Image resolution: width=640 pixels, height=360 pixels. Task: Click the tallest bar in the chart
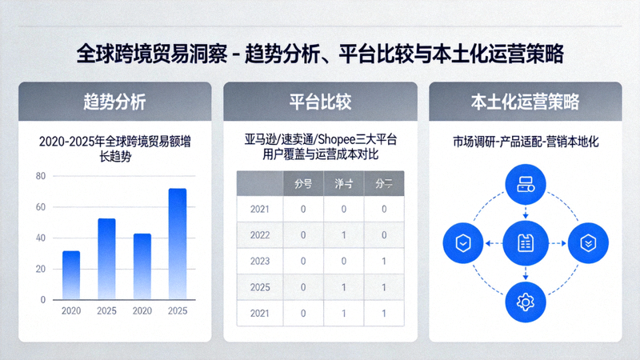[x=177, y=243]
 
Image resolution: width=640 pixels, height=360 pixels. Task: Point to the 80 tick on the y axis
[x=41, y=176]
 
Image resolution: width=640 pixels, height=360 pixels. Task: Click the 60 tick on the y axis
[x=41, y=207]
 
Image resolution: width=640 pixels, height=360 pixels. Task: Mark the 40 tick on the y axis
[x=41, y=238]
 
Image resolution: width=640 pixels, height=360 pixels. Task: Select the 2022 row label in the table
[x=261, y=235]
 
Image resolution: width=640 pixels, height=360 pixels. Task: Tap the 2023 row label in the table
[x=261, y=262]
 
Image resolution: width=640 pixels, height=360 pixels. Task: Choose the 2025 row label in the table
[x=261, y=287]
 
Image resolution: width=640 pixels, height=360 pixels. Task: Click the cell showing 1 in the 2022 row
[x=343, y=235]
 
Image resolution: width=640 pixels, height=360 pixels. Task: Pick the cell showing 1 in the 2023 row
[x=384, y=262]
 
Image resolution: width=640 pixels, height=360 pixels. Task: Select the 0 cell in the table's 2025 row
[x=303, y=287]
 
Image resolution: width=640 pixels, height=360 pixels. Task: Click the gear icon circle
[x=526, y=301]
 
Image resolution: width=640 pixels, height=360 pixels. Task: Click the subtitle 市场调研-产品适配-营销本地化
[x=526, y=142]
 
